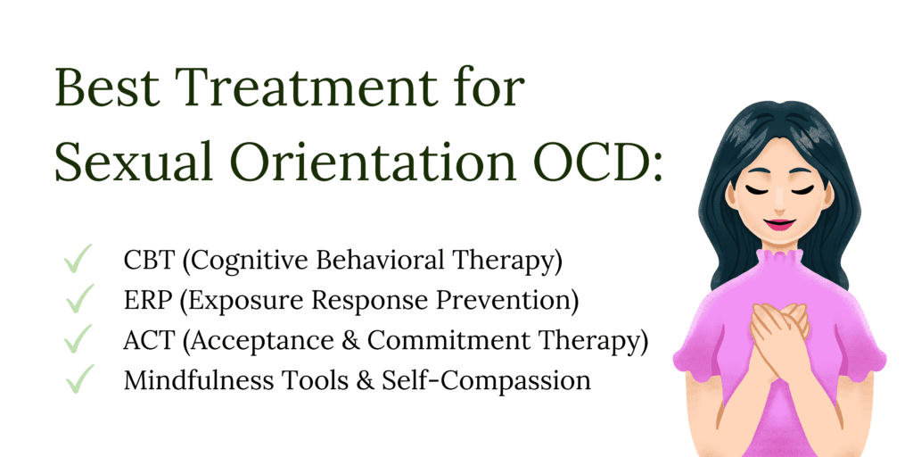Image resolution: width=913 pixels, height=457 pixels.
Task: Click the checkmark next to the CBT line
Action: pyautogui.click(x=78, y=258)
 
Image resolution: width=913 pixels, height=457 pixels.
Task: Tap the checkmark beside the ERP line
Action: pyautogui.click(x=79, y=298)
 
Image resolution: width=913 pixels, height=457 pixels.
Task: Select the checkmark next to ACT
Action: pyautogui.click(x=78, y=338)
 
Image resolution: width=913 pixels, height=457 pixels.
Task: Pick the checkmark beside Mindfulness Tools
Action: pyautogui.click(x=79, y=378)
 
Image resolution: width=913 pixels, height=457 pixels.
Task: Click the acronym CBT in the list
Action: pyautogui.click(x=149, y=261)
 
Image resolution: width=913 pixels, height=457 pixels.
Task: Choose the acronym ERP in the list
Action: pyautogui.click(x=148, y=301)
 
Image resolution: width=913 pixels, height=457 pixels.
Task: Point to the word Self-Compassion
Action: pyautogui.click(x=486, y=382)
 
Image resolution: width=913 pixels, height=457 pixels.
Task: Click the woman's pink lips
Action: pyautogui.click(x=779, y=224)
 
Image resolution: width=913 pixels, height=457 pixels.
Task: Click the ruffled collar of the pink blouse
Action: pyautogui.click(x=779, y=260)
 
